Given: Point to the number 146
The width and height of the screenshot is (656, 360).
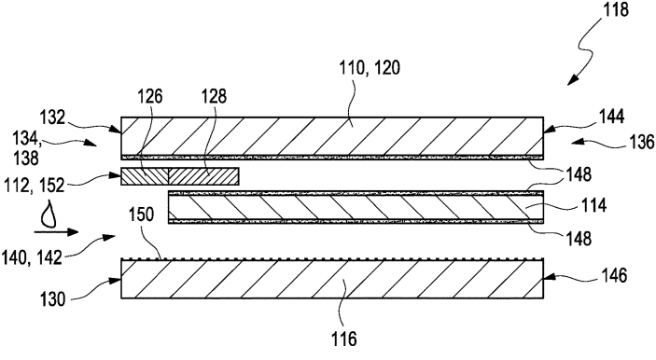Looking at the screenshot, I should pyautogui.click(x=612, y=276).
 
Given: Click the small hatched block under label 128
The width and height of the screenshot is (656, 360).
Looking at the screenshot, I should pyautogui.click(x=203, y=176).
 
